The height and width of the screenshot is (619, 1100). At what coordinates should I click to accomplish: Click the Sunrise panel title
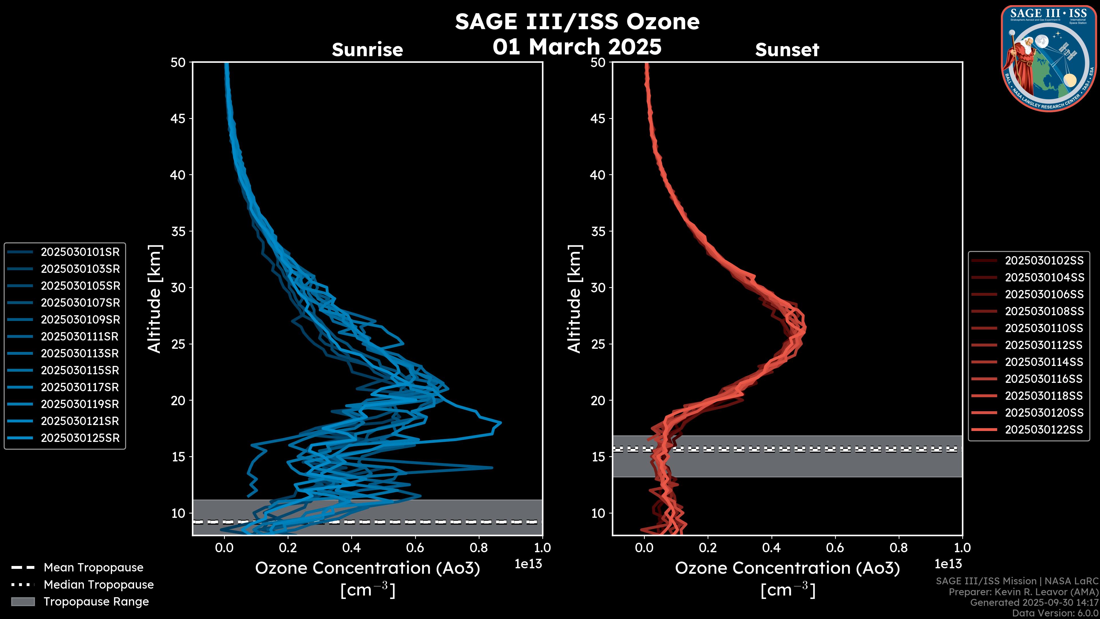tap(367, 50)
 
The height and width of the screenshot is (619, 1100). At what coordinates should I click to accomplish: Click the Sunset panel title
tap(787, 50)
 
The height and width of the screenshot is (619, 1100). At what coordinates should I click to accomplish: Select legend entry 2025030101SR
tap(80, 252)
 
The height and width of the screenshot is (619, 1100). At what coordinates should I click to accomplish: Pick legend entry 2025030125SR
tap(80, 438)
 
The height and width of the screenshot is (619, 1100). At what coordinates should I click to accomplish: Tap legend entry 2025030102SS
tap(1044, 260)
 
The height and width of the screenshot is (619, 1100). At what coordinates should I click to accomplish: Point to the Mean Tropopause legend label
tap(93, 567)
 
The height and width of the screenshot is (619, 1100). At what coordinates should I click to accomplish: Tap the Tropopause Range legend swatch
tap(23, 602)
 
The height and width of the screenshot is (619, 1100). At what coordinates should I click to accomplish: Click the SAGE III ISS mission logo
tap(1049, 58)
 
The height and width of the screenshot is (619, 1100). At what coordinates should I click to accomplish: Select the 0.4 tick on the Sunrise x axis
tap(351, 548)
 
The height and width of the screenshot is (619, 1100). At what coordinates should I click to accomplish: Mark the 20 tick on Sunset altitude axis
tap(598, 400)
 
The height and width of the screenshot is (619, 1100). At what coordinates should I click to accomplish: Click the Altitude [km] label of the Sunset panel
tap(574, 299)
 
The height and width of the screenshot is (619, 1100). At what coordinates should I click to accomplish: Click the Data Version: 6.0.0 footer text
tap(1055, 614)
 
